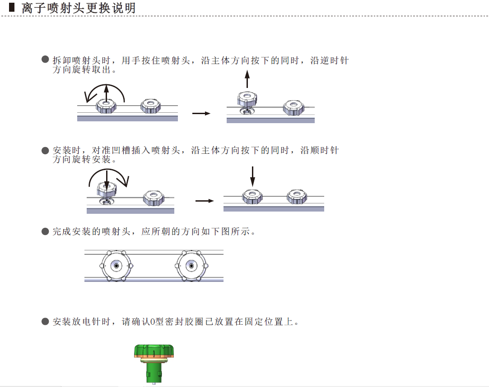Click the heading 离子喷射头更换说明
(x=79, y=8)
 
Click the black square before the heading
(x=12, y=8)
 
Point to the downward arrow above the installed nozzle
(x=252, y=176)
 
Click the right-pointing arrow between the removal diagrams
(x=201, y=113)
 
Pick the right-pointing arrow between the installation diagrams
(x=205, y=201)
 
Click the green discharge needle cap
(x=154, y=350)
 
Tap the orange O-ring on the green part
(x=154, y=359)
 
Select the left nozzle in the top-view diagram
(x=116, y=266)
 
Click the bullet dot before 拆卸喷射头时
(x=45, y=60)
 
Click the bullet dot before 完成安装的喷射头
(x=45, y=231)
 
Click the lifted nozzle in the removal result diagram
(x=247, y=99)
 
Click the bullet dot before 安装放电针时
(x=45, y=322)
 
